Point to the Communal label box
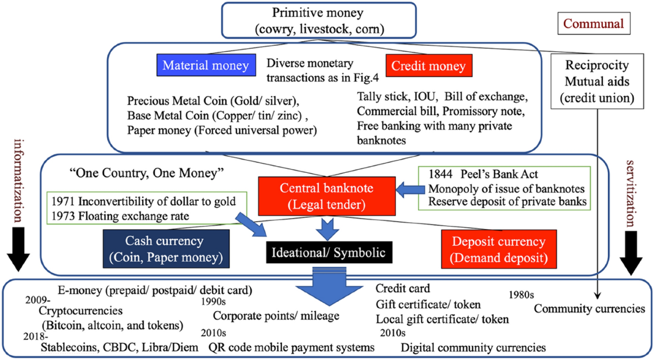point(593,24)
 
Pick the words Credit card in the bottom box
point(403,288)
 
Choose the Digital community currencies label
point(473,346)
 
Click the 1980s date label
point(520,295)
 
